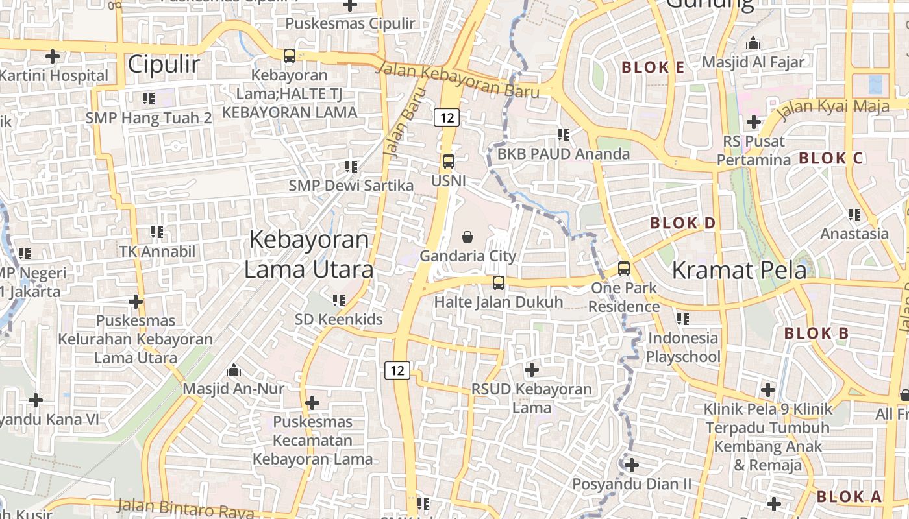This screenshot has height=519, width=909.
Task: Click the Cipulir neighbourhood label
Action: pyautogui.click(x=163, y=64)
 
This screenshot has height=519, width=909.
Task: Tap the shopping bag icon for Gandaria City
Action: pyautogui.click(x=467, y=237)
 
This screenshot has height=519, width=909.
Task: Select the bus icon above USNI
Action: pyautogui.click(x=448, y=161)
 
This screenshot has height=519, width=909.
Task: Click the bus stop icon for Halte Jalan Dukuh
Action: pyautogui.click(x=499, y=283)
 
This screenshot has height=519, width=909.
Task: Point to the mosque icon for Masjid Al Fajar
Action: pyautogui.click(x=753, y=43)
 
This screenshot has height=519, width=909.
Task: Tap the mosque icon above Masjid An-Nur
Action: pyautogui.click(x=234, y=370)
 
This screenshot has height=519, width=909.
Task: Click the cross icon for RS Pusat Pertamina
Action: pyautogui.click(x=753, y=121)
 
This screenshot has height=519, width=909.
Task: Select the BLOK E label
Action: pyautogui.click(x=653, y=67)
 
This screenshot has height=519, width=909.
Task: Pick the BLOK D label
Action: pyautogui.click(x=682, y=223)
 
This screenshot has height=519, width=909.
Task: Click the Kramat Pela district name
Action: pyautogui.click(x=739, y=270)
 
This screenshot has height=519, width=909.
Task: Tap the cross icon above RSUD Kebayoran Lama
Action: pyautogui.click(x=532, y=370)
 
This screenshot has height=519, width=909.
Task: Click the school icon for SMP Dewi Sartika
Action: pyautogui.click(x=351, y=167)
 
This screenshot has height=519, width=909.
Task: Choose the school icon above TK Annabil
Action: pyautogui.click(x=156, y=232)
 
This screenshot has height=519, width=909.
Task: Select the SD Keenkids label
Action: pyautogui.click(x=339, y=319)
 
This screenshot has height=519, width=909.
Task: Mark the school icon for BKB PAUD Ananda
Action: pyautogui.click(x=564, y=135)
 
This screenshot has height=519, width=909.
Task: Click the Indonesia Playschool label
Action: pyautogui.click(x=683, y=347)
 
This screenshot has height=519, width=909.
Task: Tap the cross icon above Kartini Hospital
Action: pyautogui.click(x=53, y=56)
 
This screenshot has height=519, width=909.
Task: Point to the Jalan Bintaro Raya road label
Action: pyautogui.click(x=186, y=509)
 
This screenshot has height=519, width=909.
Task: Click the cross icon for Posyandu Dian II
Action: pyautogui.click(x=631, y=465)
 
